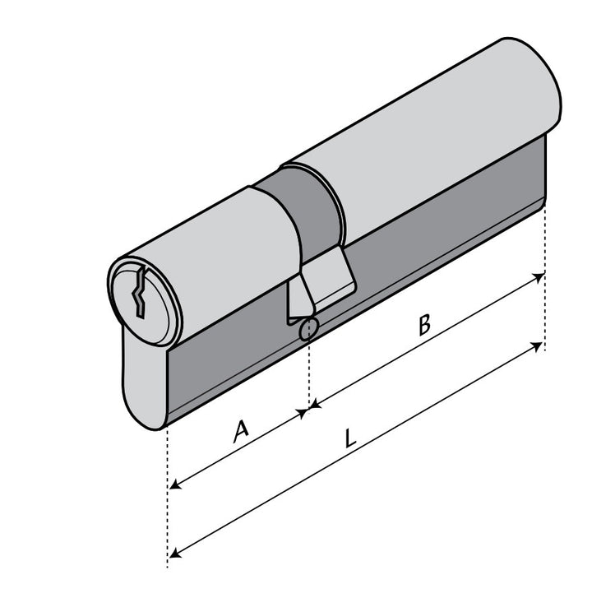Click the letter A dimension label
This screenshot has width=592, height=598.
coord(240,430)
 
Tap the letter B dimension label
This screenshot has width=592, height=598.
coord(423,324)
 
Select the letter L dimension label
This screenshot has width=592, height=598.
coord(349,438)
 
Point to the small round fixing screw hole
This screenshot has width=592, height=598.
coord(308,330)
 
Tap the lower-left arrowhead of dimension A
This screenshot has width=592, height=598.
coord(174,486)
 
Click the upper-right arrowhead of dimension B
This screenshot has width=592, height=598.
coord(539,277)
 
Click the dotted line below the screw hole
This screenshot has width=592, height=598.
coord(308,370)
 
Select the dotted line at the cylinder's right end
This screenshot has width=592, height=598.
coord(544,247)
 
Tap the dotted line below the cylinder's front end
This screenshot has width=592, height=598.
coord(168,494)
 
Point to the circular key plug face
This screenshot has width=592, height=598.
coord(143,301)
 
